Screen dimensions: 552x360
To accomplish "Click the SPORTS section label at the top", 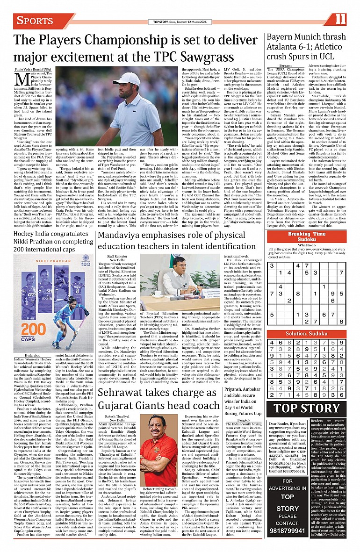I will click(x=35, y=21).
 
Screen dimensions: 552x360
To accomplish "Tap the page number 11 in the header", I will click(x=340, y=20).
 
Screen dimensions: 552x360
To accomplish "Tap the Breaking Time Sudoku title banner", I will click(x=307, y=237).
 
